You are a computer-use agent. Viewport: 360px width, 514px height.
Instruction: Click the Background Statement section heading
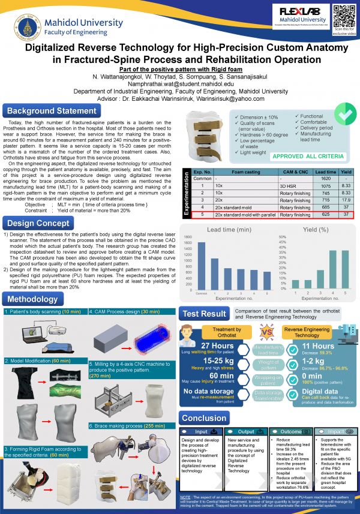pos(51,111)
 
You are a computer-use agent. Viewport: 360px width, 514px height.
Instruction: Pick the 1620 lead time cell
pos(326,179)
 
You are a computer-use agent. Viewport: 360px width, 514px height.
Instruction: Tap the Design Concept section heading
pos(40,224)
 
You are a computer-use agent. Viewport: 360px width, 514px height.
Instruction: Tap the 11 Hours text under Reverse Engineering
pos(318,345)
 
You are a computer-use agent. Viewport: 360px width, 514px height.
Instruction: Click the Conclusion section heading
pos(204,418)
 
